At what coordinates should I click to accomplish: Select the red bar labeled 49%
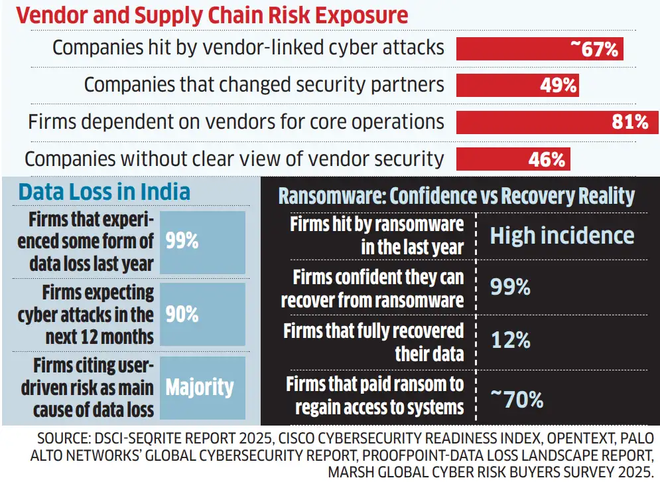[x=517, y=85]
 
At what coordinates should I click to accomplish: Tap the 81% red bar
[x=557, y=122]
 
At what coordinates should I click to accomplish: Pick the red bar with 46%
[x=512, y=159]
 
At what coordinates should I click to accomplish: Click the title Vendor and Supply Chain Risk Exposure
[x=212, y=15]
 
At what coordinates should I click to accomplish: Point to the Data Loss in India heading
[x=104, y=192]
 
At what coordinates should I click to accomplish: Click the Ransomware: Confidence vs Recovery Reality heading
[x=456, y=196]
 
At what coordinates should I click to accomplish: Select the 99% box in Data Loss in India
[x=203, y=242]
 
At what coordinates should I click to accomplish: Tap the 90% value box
[x=203, y=314]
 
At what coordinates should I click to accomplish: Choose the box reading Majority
[x=203, y=387]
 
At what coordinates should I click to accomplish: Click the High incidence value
[x=562, y=236]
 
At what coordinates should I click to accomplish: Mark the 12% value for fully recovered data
[x=510, y=341]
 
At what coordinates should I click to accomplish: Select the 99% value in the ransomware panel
[x=510, y=287]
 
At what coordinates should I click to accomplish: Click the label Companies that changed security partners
[x=264, y=84]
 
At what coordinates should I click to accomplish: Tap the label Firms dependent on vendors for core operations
[x=235, y=121]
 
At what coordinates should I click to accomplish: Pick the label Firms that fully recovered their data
[x=373, y=341]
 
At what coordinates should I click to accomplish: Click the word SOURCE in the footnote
[x=66, y=439]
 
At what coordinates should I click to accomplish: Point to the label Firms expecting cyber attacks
[x=86, y=315]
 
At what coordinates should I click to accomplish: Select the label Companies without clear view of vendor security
[x=233, y=159]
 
